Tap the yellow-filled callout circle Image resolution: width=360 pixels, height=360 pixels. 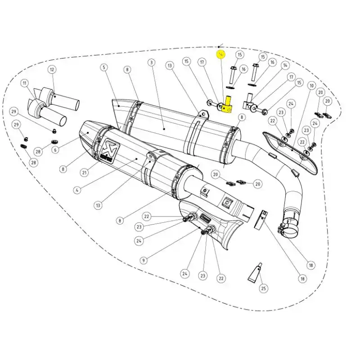pos(220,54)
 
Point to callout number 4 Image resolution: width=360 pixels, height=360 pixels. pos(77,190)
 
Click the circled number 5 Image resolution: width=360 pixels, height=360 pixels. pos(104,67)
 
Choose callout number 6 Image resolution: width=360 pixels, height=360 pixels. pos(55,150)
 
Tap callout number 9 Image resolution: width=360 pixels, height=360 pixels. pos(143,260)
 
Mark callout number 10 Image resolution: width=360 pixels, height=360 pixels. pos(311,85)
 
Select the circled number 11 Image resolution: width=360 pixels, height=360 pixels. pos(24,83)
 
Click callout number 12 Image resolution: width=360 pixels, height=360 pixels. pos(52,69)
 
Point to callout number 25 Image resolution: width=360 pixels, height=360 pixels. pos(263,288)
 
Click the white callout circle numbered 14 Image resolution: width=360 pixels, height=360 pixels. pos(285,65)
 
